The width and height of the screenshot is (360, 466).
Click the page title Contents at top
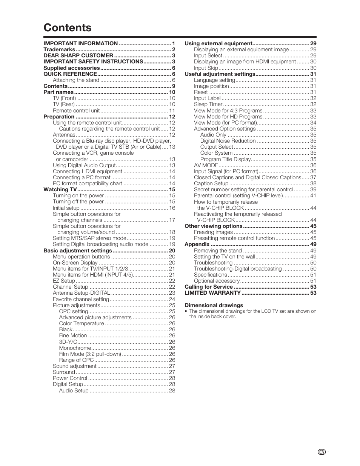point(67,28)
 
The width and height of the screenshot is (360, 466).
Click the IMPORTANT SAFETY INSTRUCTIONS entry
point(93,62)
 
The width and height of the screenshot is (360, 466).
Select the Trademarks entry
point(59,49)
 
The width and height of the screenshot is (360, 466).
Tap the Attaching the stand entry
point(76,80)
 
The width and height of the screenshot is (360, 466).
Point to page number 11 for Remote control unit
point(172,111)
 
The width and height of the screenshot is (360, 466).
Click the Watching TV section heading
point(60,189)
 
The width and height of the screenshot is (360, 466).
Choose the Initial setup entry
point(66,208)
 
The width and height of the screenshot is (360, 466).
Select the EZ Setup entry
point(64,281)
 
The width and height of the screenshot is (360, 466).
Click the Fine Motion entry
point(73,335)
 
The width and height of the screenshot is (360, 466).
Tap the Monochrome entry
point(75,348)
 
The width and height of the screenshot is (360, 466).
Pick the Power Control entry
point(70,378)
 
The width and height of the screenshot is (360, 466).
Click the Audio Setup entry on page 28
point(74,391)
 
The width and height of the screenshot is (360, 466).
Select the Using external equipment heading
point(218,43)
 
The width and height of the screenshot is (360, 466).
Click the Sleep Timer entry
point(208,104)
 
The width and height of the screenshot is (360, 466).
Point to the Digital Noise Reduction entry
point(228,141)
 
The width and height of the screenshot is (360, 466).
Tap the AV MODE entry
point(206,165)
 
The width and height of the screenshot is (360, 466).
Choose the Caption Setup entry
point(211,183)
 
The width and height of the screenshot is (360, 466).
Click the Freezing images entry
point(213,232)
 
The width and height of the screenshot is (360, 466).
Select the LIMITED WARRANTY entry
point(212,293)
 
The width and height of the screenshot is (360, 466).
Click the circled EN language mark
point(322,452)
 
